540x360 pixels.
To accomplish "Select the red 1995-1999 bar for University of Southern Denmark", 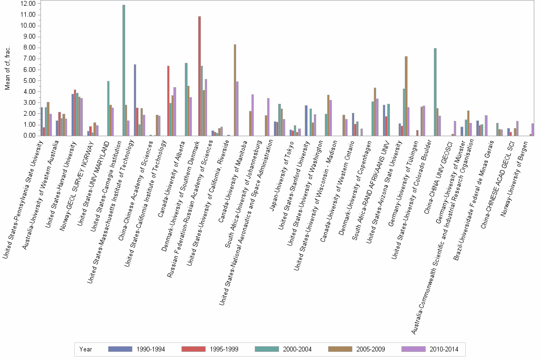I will [x=200, y=76].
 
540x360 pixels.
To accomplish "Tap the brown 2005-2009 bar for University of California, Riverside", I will [x=235, y=90].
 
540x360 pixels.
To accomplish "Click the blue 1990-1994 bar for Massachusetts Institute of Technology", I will [x=135, y=100].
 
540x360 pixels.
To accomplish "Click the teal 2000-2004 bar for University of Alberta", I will [x=186, y=100].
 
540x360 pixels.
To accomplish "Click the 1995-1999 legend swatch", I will [x=193, y=350].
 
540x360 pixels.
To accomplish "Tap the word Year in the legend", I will [x=86, y=350].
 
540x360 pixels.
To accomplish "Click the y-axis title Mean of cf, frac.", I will [x=7, y=69].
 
